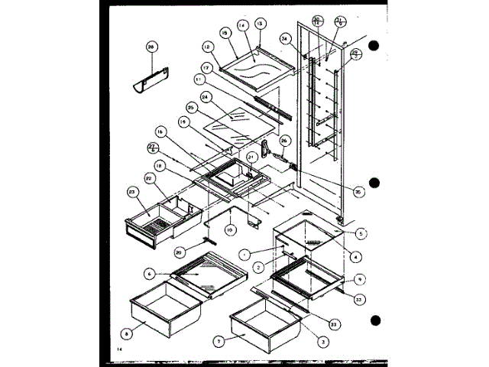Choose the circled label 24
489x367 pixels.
[x=205, y=96]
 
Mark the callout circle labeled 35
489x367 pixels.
[x=358, y=192]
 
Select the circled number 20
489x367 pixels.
[x=179, y=252]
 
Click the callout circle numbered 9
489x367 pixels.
[x=359, y=278]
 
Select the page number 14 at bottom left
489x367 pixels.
[x=121, y=349]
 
